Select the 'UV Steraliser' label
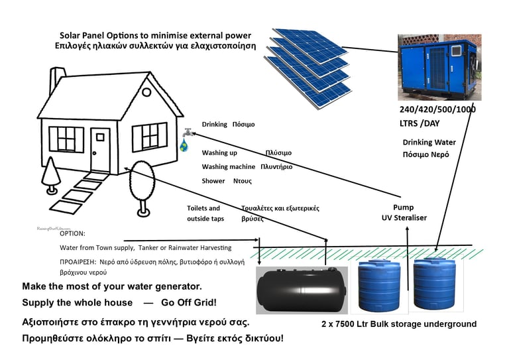click(x=404, y=218)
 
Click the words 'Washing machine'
click(x=228, y=167)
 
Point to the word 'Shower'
click(x=213, y=181)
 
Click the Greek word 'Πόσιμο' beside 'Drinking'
click(x=243, y=124)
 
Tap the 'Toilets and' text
click(x=203, y=208)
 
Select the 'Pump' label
click(x=403, y=207)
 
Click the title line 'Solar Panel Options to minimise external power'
click(x=156, y=35)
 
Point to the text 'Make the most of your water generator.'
click(x=112, y=286)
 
